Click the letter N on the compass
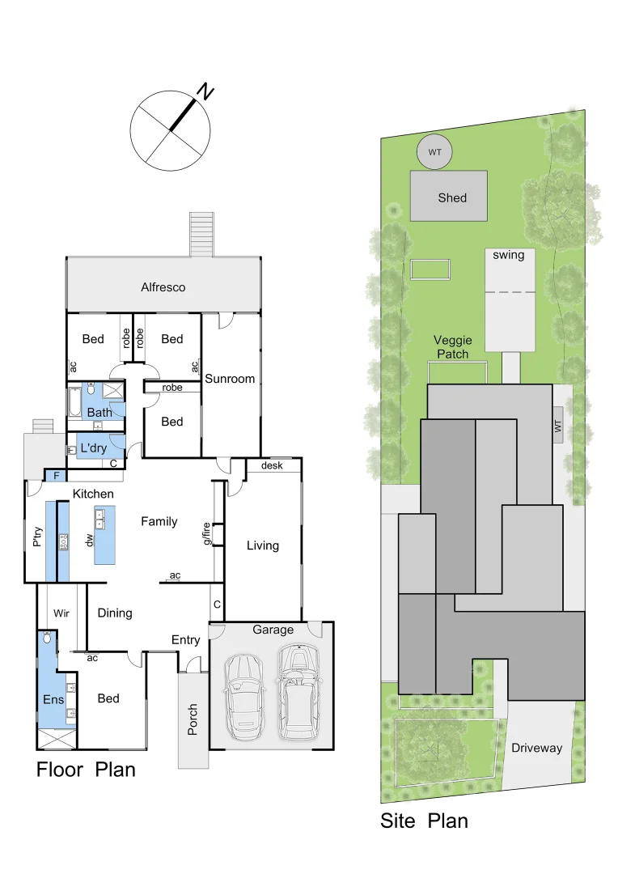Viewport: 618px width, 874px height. (x=206, y=92)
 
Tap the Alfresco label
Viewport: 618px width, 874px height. (x=163, y=287)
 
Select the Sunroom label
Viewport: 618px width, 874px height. (x=230, y=379)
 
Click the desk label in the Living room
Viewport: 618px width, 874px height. (x=272, y=466)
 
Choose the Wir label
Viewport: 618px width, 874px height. (x=61, y=613)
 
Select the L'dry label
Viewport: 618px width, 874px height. (x=93, y=448)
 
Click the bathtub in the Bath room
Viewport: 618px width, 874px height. (x=74, y=402)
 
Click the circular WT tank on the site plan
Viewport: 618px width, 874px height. (x=435, y=151)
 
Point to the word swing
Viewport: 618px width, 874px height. (x=509, y=255)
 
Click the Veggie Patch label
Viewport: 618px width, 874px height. (x=453, y=347)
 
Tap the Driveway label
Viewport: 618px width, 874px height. (x=536, y=748)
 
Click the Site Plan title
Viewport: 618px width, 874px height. (x=424, y=821)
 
